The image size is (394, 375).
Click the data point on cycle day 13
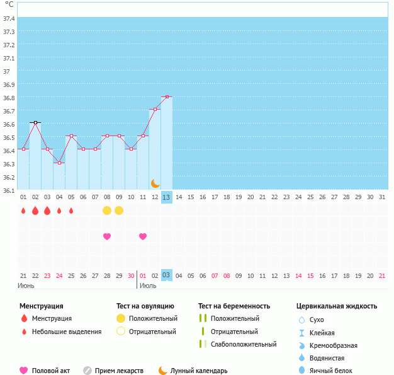tap(167, 97)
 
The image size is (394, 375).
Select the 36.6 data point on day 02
tap(35, 122)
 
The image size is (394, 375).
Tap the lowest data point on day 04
tap(59, 163)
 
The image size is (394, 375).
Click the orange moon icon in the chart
tap(155, 183)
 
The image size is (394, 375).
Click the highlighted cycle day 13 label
tap(166, 197)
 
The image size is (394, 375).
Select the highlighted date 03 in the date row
tap(166, 275)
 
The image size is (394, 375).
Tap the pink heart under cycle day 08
tap(107, 236)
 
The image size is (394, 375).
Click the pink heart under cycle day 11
tap(143, 236)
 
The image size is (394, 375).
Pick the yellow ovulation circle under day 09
tap(119, 211)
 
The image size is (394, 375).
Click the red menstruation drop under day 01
tap(23, 211)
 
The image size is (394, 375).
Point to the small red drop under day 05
tap(71, 211)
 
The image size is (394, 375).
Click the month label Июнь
tap(26, 286)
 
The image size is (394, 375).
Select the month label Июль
tap(148, 286)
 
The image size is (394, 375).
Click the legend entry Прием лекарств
tap(119, 371)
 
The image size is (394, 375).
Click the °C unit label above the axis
tap(8, 4)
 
